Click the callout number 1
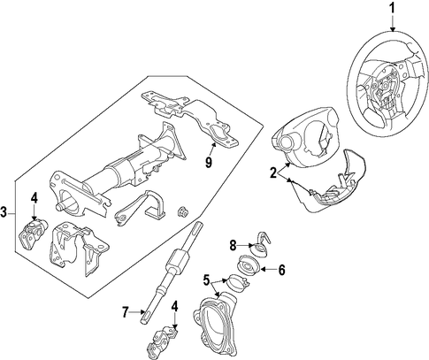392,8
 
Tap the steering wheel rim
352,88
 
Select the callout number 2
274,172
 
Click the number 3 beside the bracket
4,212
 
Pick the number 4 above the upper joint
34,198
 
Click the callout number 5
206,280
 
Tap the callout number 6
282,270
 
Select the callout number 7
126,312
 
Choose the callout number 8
233,245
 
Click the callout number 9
209,162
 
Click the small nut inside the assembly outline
183,211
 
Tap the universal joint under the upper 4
33,233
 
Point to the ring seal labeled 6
249,264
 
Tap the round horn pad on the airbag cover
285,143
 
